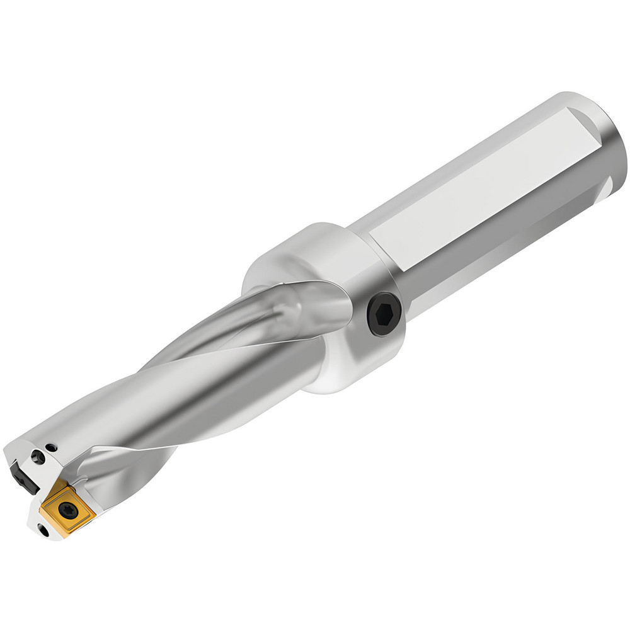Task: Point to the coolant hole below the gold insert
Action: click(x=44, y=532)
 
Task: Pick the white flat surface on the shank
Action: click(x=479, y=189)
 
